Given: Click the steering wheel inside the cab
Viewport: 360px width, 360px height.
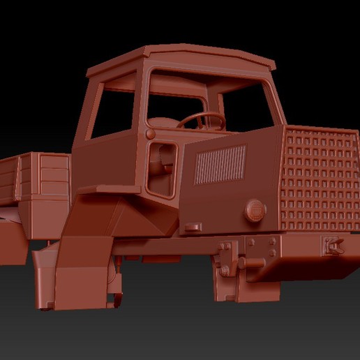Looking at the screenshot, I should [200, 121].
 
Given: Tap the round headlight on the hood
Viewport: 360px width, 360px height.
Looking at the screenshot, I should [255, 209].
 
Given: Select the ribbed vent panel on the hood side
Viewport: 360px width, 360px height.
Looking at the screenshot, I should [220, 165].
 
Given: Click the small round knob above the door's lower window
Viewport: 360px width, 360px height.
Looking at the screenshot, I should [150, 133].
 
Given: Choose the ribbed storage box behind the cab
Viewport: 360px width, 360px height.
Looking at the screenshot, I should [54, 174].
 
